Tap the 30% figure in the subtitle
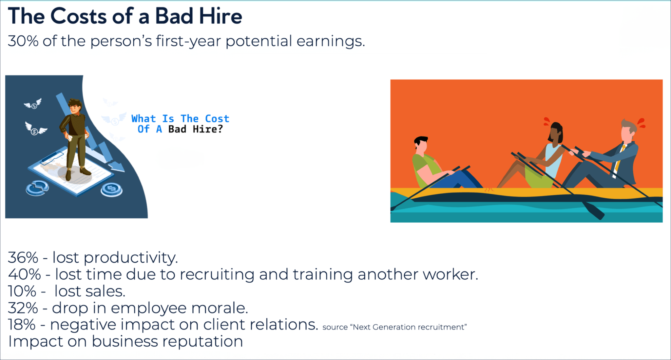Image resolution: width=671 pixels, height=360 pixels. (23, 41)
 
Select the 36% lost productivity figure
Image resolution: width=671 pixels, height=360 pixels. (23, 258)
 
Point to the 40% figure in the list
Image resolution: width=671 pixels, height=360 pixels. (24, 274)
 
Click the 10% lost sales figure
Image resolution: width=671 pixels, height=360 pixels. (22, 291)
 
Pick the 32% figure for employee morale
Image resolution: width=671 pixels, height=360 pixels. (23, 308)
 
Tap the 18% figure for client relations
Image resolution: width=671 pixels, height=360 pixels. (22, 325)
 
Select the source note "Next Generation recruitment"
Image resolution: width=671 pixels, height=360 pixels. (394, 327)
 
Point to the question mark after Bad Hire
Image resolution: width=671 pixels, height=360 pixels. (220, 129)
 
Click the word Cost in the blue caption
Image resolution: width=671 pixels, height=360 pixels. (217, 118)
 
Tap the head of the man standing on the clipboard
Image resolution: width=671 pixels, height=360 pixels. (75, 106)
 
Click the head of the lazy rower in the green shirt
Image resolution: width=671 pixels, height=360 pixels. (421, 145)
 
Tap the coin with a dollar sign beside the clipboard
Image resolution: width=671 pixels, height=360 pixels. (111, 189)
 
